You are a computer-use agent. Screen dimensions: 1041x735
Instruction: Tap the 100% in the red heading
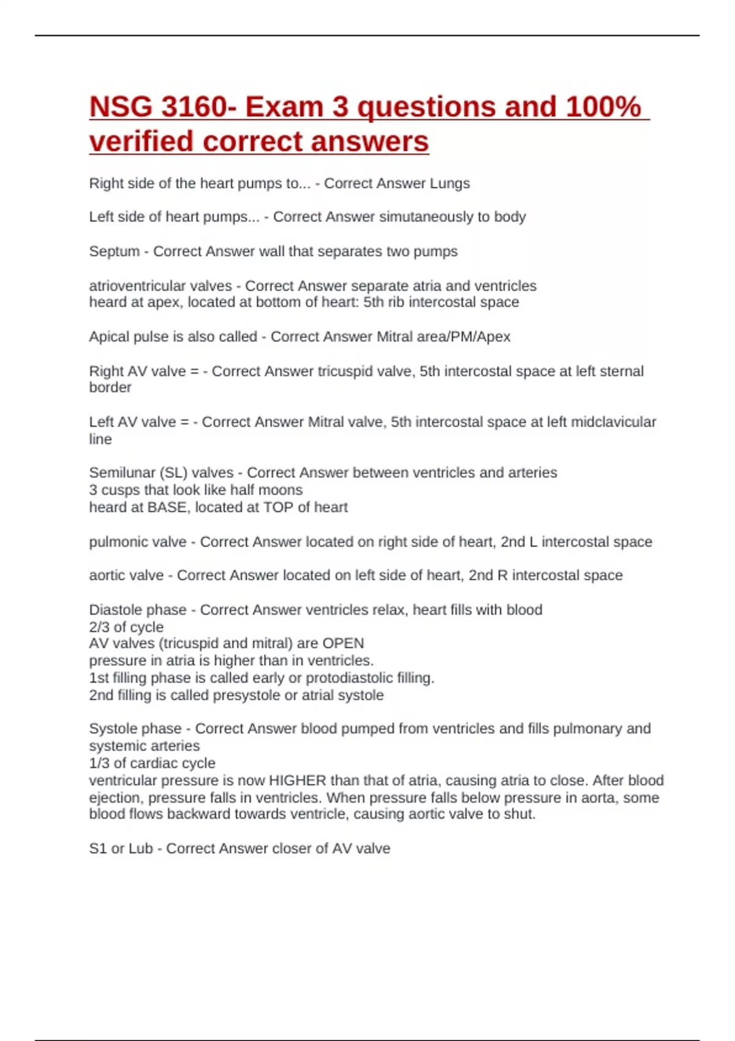603,107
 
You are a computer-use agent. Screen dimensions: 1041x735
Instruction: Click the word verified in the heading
141,142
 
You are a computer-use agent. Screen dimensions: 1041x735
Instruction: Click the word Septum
114,252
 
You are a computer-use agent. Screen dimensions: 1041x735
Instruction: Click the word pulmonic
137,542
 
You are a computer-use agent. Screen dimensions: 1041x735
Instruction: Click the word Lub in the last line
140,849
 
